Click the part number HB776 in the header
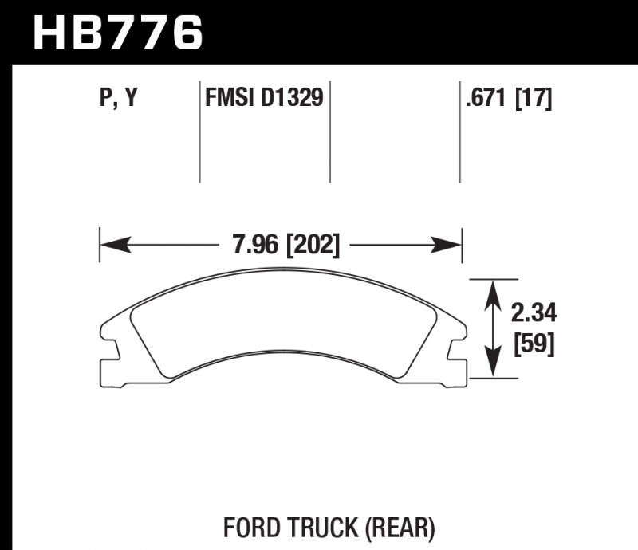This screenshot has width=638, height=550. click(118, 33)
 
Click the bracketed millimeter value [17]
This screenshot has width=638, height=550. click(534, 100)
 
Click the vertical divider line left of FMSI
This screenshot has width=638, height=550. click(199, 132)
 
